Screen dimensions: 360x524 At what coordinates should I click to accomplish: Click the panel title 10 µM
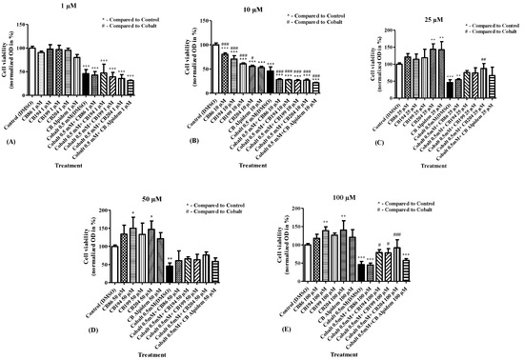(254, 8)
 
